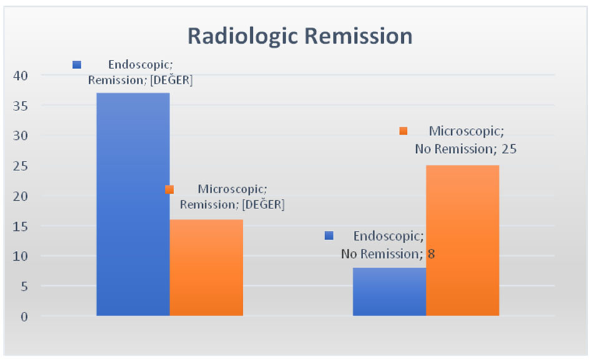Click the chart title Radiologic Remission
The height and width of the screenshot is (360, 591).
[x=300, y=36]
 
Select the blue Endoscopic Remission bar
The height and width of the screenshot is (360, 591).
[x=133, y=204]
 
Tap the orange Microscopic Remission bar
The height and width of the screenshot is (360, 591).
[x=206, y=267]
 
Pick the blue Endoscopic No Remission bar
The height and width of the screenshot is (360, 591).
[x=389, y=291]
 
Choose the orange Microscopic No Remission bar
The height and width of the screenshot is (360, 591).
[x=463, y=240]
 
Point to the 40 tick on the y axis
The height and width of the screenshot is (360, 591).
[x=21, y=75]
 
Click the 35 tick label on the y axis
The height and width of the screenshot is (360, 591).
[x=21, y=106]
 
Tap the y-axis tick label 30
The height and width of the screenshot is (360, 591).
[x=21, y=136]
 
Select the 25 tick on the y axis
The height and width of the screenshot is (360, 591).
[x=21, y=166]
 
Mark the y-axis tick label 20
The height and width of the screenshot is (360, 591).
[x=21, y=196]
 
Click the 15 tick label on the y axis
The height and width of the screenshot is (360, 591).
[x=21, y=226]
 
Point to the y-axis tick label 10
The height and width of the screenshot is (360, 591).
[x=21, y=256]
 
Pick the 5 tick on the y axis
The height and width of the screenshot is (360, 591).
[x=24, y=286]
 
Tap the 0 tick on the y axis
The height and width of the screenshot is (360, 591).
[x=24, y=317]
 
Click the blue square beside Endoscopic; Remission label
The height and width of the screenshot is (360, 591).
[x=77, y=65]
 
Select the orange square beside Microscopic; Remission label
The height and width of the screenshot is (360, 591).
[x=170, y=189]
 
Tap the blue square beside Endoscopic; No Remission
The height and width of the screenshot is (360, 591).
[x=329, y=236]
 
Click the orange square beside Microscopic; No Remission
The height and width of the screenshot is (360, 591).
[x=403, y=131]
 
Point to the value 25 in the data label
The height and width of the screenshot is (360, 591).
[x=509, y=149]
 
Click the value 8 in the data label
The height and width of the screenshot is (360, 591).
[x=431, y=254]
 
